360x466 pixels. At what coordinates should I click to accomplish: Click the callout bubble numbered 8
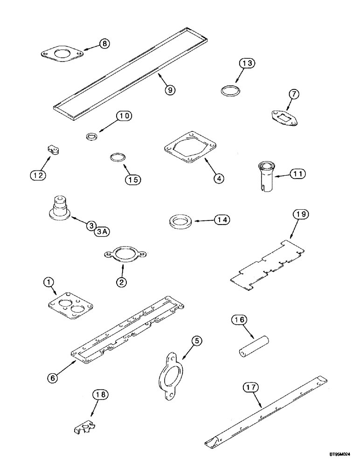tap(104, 44)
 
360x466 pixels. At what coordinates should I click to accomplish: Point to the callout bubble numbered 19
tap(301, 215)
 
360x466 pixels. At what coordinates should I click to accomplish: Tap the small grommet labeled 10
tap(93, 137)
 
